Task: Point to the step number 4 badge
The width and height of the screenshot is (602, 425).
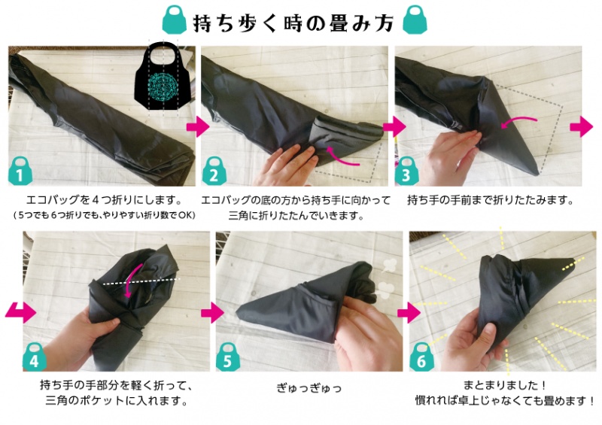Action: [x=35, y=360]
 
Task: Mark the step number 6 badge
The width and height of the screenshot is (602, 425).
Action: [x=422, y=360]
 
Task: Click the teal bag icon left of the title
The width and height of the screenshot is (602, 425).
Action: [x=176, y=20]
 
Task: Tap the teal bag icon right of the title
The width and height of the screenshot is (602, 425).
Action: [x=410, y=20]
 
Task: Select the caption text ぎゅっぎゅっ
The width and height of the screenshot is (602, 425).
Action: [x=309, y=388]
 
